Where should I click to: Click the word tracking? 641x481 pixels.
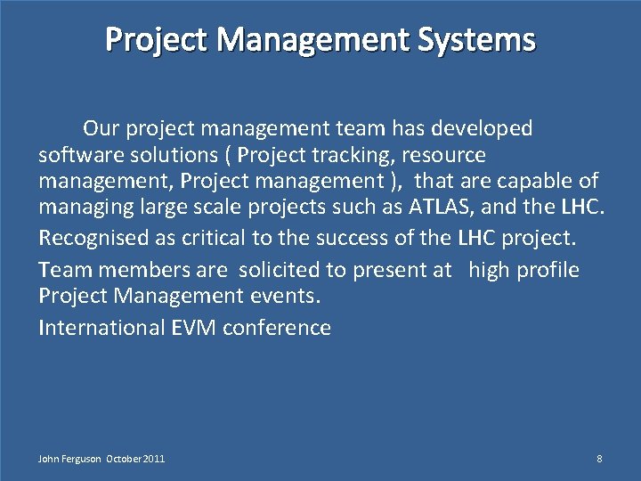click(x=353, y=156)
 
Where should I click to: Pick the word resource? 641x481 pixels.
click(x=443, y=156)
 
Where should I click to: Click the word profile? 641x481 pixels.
click(x=546, y=270)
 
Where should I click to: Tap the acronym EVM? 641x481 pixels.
click(x=193, y=328)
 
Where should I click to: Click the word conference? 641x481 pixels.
click(x=277, y=328)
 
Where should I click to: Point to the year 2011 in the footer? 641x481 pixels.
click(x=153, y=459)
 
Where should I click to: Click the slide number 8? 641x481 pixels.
click(x=599, y=459)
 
